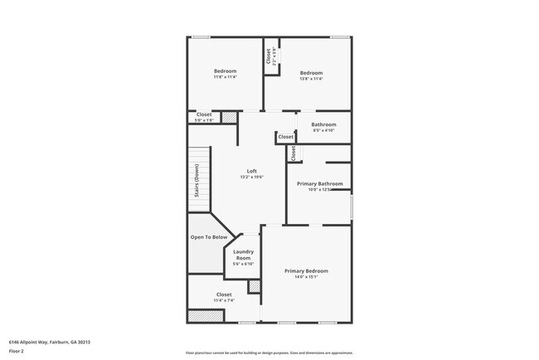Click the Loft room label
252,171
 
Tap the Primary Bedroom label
306,271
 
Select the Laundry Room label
243,255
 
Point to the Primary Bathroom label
319,183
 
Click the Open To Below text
209,237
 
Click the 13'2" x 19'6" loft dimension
252,177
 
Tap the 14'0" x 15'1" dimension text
306,277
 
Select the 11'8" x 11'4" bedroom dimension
225,77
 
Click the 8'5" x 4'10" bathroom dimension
323,130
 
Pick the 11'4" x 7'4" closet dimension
224,300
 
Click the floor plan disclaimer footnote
269,353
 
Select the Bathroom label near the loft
323,124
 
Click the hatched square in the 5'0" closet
229,119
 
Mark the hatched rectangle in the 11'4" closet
201,316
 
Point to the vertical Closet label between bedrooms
269,55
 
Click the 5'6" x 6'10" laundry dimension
243,265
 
